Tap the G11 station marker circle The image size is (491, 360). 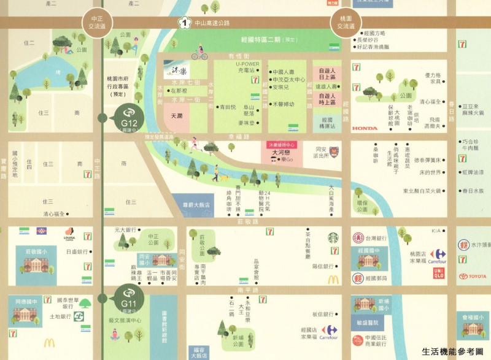[128, 298]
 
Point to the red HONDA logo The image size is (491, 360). [365, 129]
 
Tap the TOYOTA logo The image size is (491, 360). [471, 276]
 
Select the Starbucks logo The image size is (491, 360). [333, 237]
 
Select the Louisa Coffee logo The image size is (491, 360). [69, 236]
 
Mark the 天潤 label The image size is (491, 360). [177, 115]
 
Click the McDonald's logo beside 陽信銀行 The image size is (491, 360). [333, 280]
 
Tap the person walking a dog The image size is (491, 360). [217, 174]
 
